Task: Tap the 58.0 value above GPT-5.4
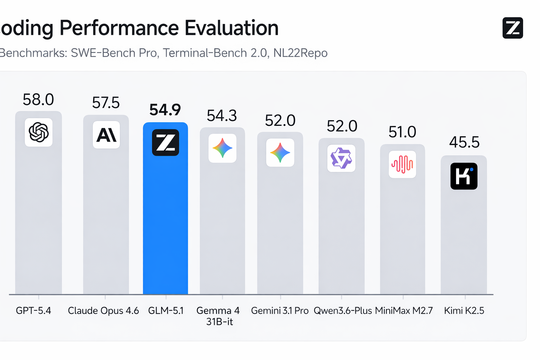(38, 100)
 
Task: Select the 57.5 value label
(106, 103)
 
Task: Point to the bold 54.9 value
(165, 110)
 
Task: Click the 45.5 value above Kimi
(464, 142)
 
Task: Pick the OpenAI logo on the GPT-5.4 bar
(39, 133)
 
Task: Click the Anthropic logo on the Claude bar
(106, 135)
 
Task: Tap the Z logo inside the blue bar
(166, 143)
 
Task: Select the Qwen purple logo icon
(341, 158)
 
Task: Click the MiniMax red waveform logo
(403, 164)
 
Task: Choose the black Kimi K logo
(464, 176)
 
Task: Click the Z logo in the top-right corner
(513, 28)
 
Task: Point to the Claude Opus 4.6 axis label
(103, 311)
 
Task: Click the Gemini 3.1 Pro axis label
(280, 311)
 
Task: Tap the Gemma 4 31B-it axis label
(218, 316)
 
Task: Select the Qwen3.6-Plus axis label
(343, 311)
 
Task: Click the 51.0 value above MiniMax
(402, 132)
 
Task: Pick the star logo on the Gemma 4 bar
(223, 148)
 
